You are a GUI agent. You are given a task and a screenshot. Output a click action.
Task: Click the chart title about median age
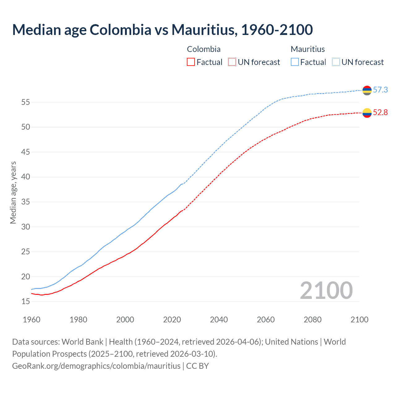click(162, 30)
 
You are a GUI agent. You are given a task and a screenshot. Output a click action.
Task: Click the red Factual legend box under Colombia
click(191, 62)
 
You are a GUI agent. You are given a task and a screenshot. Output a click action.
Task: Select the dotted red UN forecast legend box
click(232, 62)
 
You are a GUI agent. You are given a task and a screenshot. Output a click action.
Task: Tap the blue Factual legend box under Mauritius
click(295, 62)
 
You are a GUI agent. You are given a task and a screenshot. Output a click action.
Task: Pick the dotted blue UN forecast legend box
click(336, 62)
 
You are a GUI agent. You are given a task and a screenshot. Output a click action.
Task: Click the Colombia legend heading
click(204, 49)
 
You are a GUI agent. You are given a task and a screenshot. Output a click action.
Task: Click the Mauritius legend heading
click(308, 49)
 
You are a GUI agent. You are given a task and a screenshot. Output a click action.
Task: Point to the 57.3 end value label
click(380, 90)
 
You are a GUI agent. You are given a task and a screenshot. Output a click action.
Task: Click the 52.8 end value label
click(380, 112)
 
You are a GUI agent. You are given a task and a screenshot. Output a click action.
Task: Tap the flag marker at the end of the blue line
click(367, 90)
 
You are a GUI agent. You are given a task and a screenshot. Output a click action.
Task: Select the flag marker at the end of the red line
click(367, 113)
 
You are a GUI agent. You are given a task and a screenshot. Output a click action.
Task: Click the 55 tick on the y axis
click(25, 102)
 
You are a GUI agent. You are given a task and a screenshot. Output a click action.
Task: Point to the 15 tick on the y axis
click(25, 301)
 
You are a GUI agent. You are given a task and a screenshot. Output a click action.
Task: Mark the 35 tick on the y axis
click(25, 202)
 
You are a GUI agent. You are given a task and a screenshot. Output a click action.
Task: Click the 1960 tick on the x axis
click(32, 320)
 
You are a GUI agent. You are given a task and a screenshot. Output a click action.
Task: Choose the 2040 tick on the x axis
click(219, 320)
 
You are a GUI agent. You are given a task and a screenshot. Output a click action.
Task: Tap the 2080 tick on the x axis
click(312, 320)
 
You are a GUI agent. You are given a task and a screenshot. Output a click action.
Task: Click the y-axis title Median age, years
click(13, 192)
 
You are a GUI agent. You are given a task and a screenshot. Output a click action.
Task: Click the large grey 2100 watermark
click(326, 290)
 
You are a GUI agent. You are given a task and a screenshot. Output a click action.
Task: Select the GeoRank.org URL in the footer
click(96, 366)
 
